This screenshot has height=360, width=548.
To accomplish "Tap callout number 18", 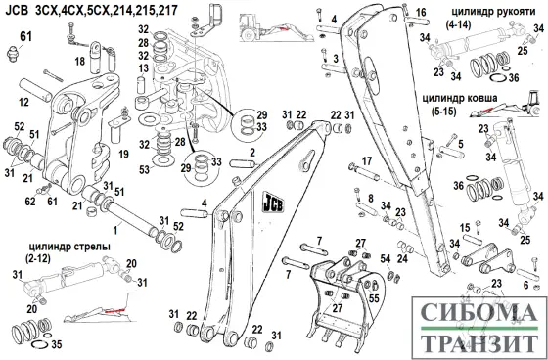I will click(x=81, y=61).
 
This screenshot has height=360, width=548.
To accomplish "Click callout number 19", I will click(x=124, y=154).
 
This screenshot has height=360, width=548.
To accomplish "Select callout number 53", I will click(x=145, y=169).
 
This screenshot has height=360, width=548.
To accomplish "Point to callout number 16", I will click(x=393, y=12).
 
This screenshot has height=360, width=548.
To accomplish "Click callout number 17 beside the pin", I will click(x=367, y=161).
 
